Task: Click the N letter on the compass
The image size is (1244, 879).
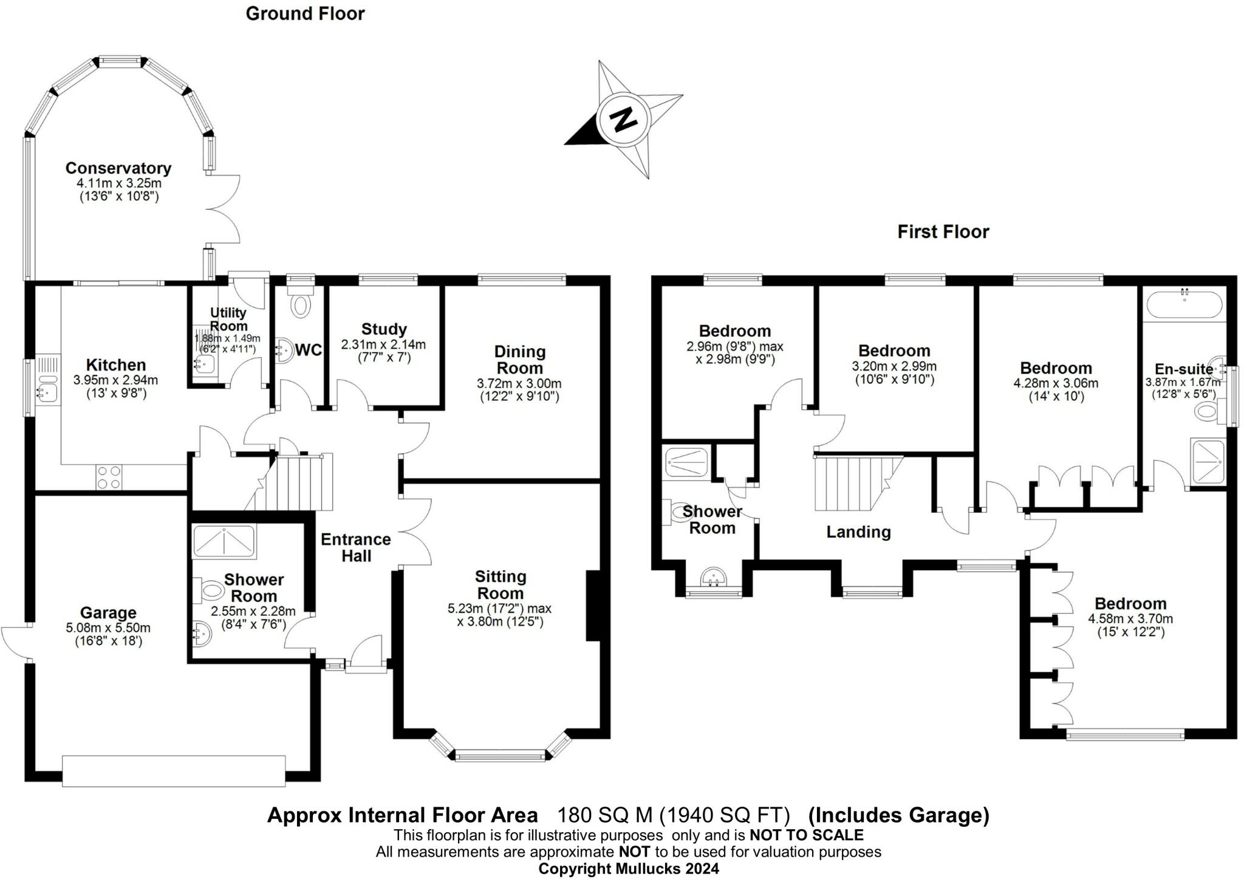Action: (622, 119)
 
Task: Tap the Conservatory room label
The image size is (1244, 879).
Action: (118, 168)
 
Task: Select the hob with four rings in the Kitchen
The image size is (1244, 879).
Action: (109, 476)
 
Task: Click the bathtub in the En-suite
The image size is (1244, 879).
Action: (1183, 304)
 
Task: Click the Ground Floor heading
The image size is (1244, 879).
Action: (305, 14)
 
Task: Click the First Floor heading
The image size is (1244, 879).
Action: (943, 231)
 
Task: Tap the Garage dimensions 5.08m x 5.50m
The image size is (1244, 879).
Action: (108, 628)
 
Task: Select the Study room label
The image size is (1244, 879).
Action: (383, 329)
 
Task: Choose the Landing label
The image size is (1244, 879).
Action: (858, 532)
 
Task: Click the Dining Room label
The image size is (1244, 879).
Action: (519, 360)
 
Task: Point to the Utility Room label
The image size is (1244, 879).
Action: (228, 319)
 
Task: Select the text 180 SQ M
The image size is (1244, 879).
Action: (605, 814)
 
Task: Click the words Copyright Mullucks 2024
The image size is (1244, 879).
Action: (628, 869)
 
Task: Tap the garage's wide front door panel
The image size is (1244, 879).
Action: (174, 771)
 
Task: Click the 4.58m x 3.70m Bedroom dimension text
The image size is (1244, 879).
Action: (1130, 619)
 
